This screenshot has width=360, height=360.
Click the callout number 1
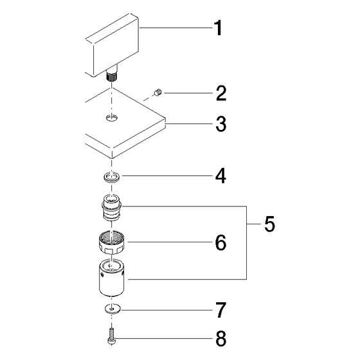tap(218, 28)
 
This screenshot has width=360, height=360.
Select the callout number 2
tap(221, 93)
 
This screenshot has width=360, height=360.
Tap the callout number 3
tap(221, 124)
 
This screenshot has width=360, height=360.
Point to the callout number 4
tap(221, 176)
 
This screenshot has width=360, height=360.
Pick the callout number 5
tap(269, 224)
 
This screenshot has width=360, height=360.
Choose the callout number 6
tap(221, 242)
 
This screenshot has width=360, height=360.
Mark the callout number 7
tap(221, 310)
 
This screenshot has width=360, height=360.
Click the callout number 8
tap(221, 338)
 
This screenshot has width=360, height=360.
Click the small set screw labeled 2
tap(158, 93)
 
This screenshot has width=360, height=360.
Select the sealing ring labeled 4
tap(112, 178)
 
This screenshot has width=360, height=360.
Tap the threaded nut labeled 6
tap(112, 242)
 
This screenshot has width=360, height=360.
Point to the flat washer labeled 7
tap(112, 309)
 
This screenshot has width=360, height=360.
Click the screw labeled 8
tap(111, 336)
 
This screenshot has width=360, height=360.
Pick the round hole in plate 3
tap(112, 118)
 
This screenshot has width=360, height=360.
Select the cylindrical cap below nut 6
tap(112, 278)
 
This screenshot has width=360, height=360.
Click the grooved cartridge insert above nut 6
tap(112, 207)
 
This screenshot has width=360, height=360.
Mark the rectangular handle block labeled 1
tap(112, 46)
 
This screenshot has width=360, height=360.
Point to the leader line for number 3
tap(189, 124)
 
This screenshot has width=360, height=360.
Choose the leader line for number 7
tap(166, 310)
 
